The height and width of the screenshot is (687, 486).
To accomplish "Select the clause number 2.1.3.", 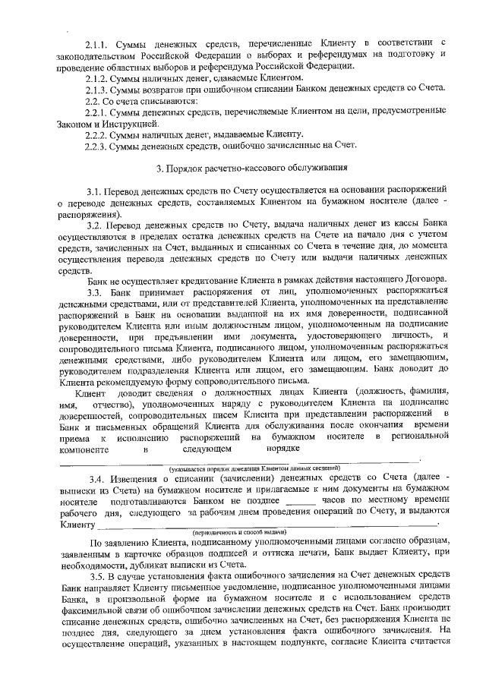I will pos(97,90).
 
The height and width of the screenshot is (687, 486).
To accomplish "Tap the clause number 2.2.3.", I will pos(97,146).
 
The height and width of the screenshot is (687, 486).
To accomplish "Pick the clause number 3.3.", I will pos(94,293).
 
